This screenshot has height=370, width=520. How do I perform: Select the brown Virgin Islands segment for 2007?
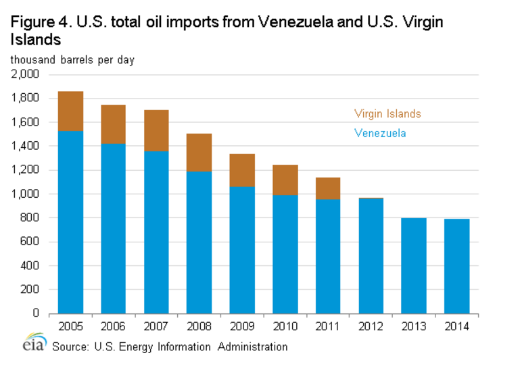click(156, 130)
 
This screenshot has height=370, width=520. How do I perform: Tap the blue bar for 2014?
click(452, 266)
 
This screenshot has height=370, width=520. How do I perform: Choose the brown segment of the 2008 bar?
click(198, 153)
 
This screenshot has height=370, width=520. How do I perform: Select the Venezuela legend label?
click(380, 134)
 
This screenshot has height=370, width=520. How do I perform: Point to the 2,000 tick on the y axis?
click(26, 74)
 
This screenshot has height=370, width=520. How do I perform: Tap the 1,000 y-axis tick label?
click(26, 194)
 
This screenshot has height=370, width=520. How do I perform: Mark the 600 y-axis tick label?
click(30, 242)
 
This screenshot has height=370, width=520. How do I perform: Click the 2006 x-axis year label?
click(113, 327)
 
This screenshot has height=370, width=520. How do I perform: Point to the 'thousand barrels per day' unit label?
click(72, 59)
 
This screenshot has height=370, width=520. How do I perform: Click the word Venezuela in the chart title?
click(275, 22)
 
